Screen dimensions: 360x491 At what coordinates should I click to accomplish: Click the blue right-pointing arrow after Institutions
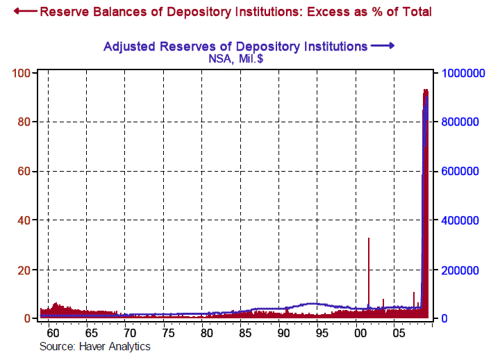383,46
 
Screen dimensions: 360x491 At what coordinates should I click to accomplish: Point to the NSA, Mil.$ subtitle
235,59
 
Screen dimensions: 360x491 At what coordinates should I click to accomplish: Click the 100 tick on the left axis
20,73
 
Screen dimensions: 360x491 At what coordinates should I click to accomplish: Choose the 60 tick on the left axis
22,171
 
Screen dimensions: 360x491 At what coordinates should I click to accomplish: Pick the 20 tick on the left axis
22,270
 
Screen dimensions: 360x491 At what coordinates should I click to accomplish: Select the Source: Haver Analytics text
95,346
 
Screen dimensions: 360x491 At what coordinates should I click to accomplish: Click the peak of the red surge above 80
425,91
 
